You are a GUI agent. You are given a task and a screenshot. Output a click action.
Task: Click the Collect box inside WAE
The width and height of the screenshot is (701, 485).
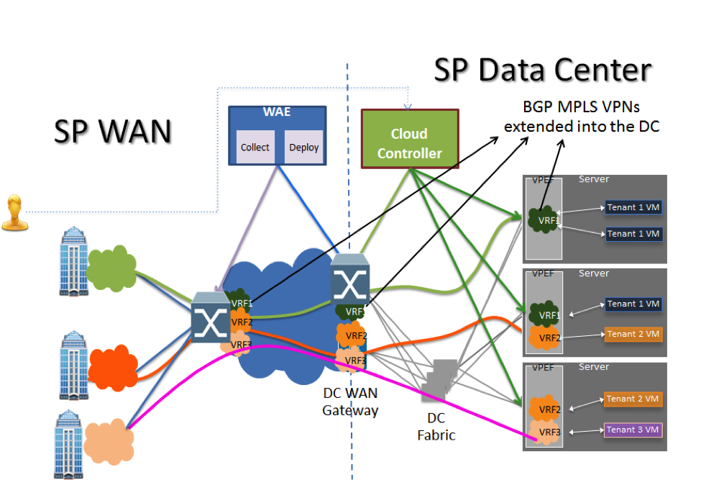[255, 147]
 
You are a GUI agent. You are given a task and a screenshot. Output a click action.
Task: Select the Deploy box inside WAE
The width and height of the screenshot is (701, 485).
[303, 147]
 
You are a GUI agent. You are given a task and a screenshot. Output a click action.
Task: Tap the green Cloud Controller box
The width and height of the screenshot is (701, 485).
[409, 142]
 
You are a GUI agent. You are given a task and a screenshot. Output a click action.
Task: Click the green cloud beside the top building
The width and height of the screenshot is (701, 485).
[111, 271]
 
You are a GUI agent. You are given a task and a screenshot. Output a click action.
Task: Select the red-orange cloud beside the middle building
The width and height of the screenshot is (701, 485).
[111, 366]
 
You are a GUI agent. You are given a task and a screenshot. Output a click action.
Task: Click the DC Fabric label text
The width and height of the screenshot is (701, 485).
[436, 427]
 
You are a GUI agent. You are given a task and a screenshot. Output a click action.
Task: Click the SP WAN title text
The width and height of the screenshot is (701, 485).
[113, 131]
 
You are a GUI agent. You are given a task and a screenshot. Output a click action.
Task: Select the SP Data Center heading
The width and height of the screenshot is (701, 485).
[543, 71]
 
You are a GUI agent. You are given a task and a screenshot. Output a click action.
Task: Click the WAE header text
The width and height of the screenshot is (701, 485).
[276, 114]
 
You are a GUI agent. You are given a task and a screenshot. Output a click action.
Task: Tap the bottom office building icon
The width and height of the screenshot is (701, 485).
[70, 443]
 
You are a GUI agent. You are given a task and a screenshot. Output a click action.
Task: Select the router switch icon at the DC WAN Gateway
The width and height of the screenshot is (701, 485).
[350, 279]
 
